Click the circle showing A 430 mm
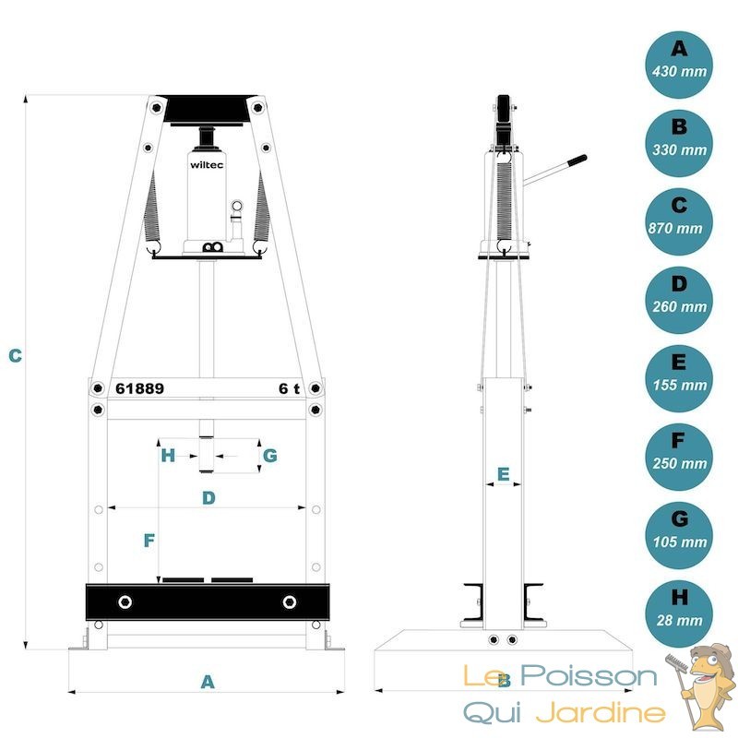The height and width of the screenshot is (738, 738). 679,65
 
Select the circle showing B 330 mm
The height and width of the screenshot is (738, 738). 679,144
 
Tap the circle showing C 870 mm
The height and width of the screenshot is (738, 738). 679,222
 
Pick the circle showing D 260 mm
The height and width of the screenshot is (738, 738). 679,301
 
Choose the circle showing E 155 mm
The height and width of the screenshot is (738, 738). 679,379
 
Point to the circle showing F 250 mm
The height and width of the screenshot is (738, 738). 679,457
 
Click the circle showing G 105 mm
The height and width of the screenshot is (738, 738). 679,536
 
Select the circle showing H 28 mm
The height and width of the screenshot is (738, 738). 679,613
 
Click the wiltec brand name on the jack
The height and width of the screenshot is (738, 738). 207,165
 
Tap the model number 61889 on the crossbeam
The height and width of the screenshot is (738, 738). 140,388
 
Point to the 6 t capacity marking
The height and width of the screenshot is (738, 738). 289,388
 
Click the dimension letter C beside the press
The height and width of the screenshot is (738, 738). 15,356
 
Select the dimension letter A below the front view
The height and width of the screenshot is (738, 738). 208,682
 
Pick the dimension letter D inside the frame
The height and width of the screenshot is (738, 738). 208,497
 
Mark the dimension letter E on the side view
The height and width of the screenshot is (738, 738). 503,474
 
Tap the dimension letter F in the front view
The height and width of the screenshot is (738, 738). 149,541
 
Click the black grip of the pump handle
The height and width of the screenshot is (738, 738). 577,160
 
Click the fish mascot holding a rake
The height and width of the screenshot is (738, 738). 700,687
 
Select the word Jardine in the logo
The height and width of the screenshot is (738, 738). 601,712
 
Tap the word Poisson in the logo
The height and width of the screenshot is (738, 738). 589,676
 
